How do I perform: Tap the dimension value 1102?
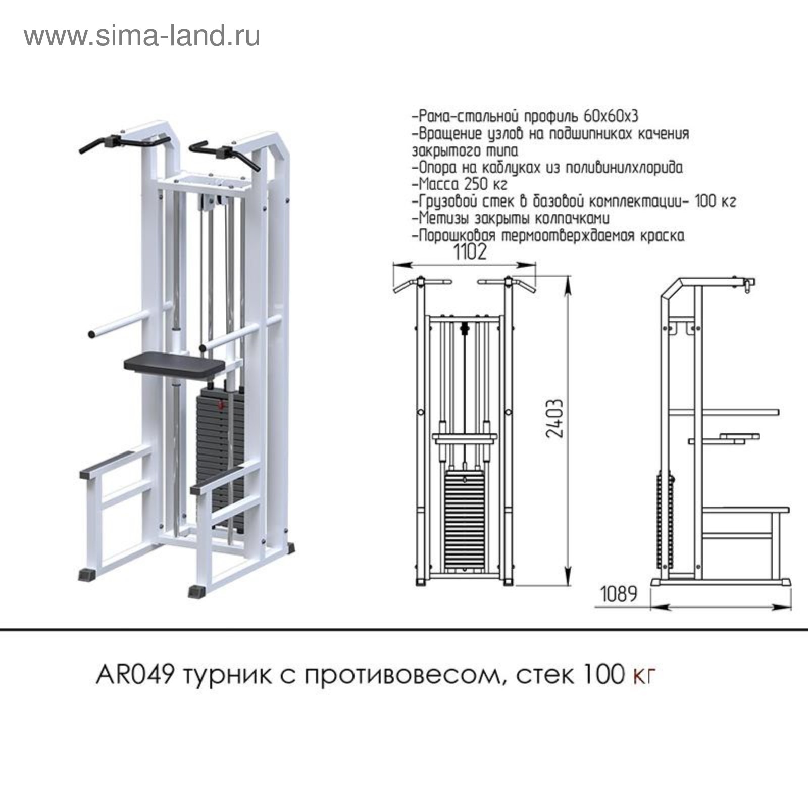470,252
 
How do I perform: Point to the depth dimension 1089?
619,594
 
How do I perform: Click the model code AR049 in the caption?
135,675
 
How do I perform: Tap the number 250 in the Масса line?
475,184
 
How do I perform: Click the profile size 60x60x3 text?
611,116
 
